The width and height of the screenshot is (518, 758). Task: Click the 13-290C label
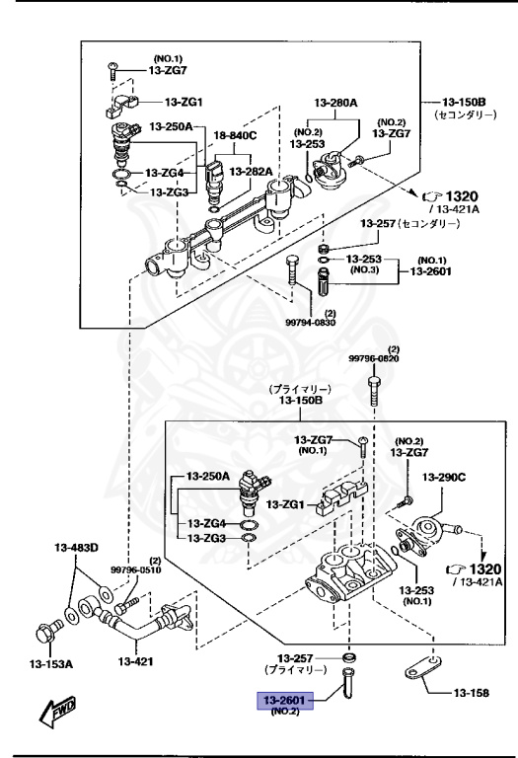pyautogui.click(x=443, y=478)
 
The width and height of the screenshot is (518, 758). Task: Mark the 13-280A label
pyautogui.click(x=334, y=102)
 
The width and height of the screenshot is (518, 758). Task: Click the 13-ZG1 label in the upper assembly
pyautogui.click(x=184, y=102)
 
